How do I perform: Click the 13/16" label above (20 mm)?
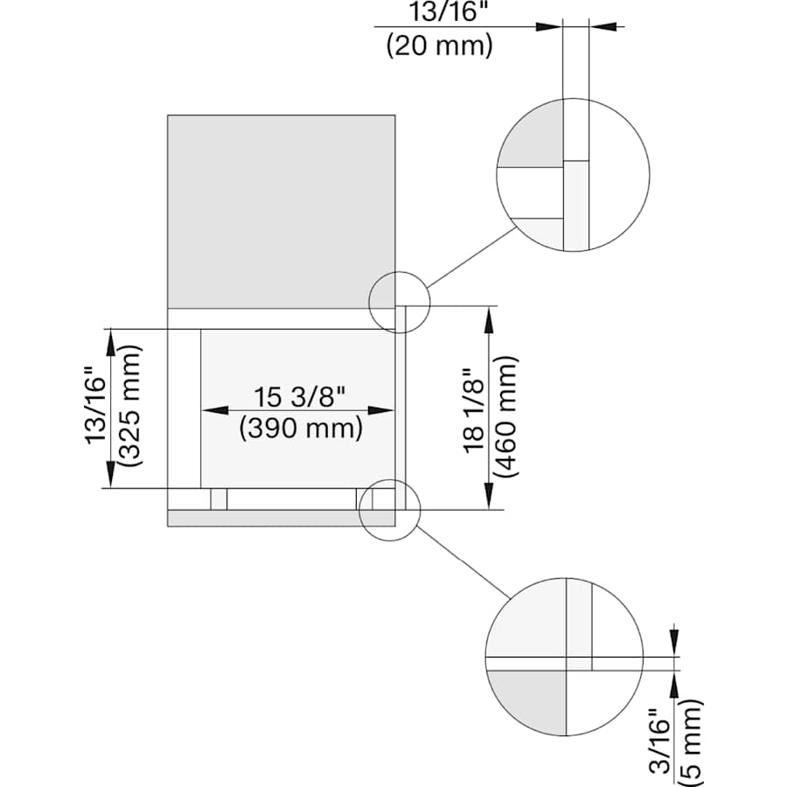439,13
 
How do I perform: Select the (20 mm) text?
439,44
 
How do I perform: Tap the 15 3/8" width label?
300,396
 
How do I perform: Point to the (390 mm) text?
300,428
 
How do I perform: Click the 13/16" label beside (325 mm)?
98,408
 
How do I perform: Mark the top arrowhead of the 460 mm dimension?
489,317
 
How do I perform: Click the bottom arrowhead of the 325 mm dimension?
110,477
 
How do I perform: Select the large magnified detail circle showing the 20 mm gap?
573,175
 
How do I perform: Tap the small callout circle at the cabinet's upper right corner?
400,303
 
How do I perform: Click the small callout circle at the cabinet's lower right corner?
389,510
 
